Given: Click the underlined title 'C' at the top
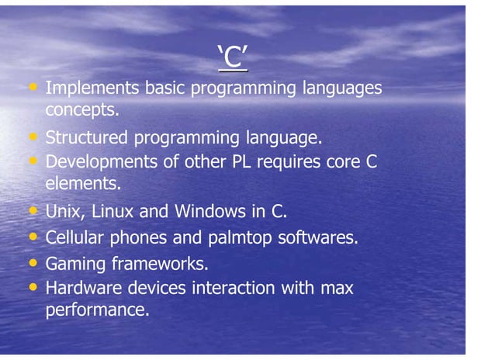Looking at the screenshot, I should [232, 57].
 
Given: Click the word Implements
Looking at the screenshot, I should [94, 88].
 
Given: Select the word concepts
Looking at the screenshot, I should [82, 110].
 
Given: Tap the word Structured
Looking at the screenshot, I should [88, 139].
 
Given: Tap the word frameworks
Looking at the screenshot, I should [161, 263].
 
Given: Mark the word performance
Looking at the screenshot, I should [96, 311].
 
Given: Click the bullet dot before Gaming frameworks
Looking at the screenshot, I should [33, 262].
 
